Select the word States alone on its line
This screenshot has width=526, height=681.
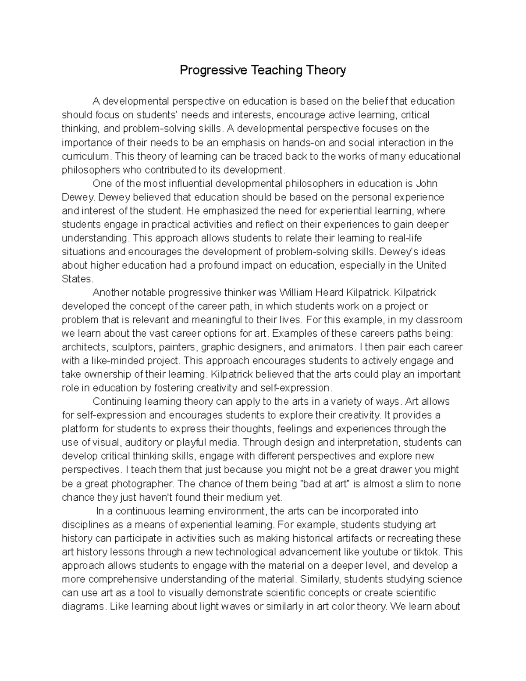click(x=77, y=279)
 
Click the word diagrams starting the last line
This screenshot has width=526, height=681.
click(x=83, y=607)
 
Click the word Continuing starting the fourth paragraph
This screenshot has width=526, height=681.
click(x=117, y=402)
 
